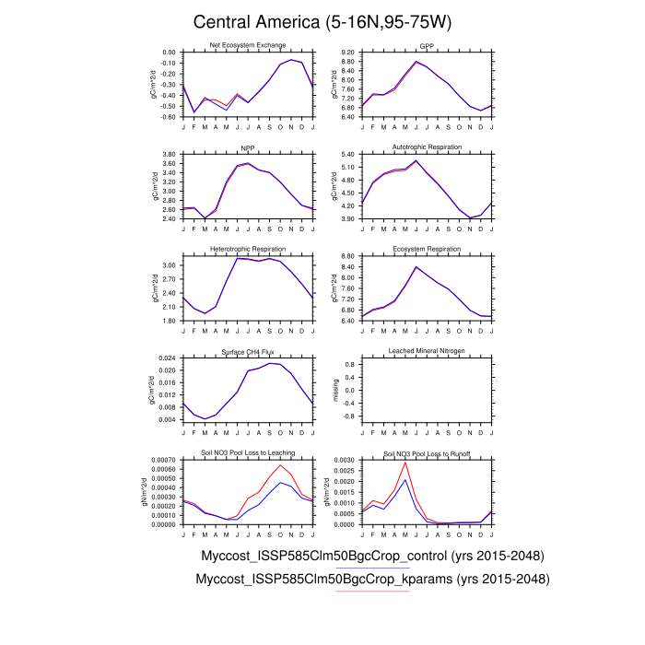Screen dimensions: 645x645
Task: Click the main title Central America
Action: click(x=322, y=21)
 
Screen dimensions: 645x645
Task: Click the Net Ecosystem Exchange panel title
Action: click(x=248, y=45)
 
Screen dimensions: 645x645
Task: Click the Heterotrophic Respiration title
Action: click(x=248, y=249)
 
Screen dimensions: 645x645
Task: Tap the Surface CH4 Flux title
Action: click(x=248, y=351)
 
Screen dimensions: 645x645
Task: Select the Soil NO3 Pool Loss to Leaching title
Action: click(x=248, y=452)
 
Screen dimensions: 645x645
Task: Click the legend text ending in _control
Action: click(x=372, y=557)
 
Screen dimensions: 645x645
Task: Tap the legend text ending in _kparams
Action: click(x=372, y=580)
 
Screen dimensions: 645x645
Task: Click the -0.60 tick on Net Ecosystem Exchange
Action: click(x=167, y=118)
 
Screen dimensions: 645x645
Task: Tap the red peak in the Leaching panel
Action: click(x=280, y=464)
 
